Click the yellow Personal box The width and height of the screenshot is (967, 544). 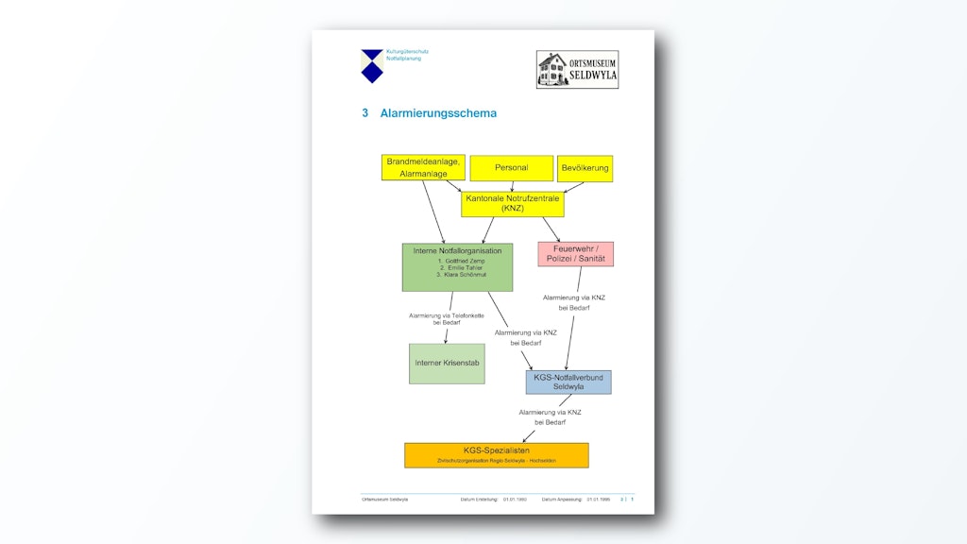pos(511,168)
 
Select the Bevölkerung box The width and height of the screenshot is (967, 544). pos(585,169)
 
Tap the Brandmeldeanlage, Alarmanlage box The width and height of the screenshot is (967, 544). pos(423,167)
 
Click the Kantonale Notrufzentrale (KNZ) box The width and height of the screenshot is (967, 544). pos(512,203)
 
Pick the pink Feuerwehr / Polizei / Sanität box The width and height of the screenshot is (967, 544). pos(575,253)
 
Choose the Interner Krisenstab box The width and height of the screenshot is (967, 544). pos(447,363)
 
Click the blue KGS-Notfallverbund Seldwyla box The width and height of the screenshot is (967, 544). pos(568,382)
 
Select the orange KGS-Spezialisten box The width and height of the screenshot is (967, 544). pos(496,454)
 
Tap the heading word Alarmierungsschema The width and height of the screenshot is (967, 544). pos(438,113)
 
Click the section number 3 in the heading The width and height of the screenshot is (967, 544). pos(365,113)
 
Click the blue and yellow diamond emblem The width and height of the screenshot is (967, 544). pos(372,65)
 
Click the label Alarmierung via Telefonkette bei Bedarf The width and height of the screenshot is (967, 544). pos(446,318)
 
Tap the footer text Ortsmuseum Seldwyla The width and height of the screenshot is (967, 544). pos(384,499)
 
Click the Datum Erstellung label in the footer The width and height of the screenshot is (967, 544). pos(480,499)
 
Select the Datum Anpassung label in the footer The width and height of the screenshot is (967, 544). pos(562,499)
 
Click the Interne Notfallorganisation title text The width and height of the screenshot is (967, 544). pos(457,250)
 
